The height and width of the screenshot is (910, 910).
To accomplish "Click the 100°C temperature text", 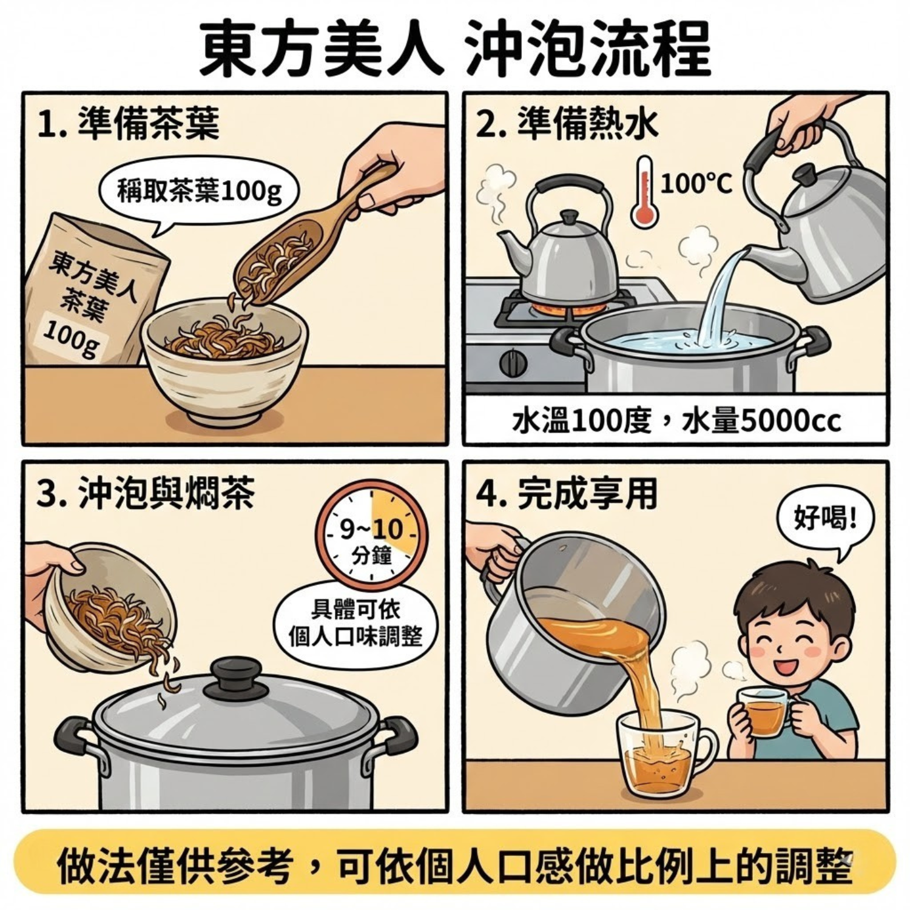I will click(696, 183).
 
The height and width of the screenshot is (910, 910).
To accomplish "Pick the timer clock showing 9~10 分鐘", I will click(371, 535).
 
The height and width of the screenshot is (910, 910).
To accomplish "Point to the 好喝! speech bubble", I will click(825, 520).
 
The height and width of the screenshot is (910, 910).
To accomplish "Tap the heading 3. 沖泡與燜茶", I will click(146, 494).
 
